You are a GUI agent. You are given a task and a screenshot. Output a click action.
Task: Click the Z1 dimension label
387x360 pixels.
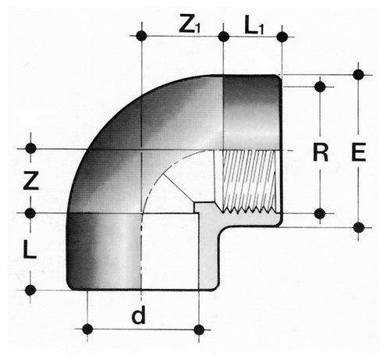pos(190,24)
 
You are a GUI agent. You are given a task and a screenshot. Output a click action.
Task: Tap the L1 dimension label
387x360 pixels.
pos(254,26)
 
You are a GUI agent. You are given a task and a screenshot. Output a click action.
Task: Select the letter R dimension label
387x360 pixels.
pos(321,152)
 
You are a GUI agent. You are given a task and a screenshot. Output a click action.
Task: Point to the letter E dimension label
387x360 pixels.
pos(359,151)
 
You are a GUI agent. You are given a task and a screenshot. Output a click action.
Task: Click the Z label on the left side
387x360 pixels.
pos(31,180)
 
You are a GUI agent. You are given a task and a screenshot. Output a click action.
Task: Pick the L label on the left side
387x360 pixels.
pos(30,250)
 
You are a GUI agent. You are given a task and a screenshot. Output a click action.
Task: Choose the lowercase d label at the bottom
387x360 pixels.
pos(139,315)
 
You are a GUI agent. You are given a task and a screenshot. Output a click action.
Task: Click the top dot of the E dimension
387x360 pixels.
pos(359,75)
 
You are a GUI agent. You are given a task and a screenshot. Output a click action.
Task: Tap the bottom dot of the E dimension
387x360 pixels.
pos(359,227)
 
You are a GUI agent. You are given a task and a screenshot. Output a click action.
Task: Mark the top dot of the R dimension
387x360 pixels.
pos(320,87)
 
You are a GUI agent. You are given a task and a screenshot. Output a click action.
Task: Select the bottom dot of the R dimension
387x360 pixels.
pos(320,214)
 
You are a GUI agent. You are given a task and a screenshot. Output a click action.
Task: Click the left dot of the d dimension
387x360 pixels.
pos(87,330)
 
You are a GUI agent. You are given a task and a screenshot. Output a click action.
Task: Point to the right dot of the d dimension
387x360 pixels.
pos(199,330)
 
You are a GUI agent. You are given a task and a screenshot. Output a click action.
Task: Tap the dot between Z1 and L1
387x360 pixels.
pos(224,37)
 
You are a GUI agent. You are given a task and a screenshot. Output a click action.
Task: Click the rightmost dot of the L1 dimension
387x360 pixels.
pos(282,37)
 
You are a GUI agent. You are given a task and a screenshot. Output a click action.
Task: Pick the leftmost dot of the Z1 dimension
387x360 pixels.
pos(142,36)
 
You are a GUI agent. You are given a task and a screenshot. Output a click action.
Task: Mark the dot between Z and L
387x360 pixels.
pos(30,213)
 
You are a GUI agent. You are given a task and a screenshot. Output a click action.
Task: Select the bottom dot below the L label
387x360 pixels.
pos(30,290)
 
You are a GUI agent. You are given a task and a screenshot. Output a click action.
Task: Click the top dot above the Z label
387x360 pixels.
pos(30,148)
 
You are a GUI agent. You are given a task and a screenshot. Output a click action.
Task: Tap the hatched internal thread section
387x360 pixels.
pos(248,181)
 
